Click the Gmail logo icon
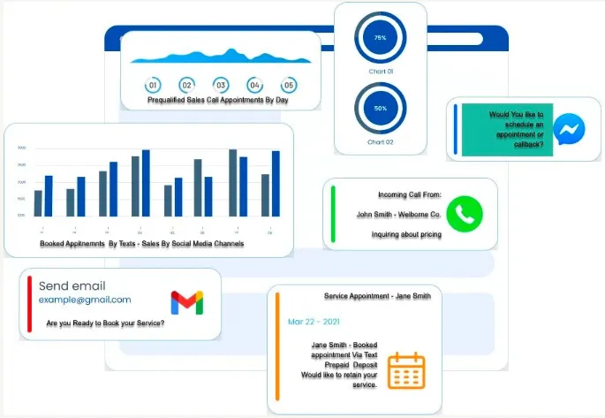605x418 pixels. click(186, 303)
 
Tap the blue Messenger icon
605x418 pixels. click(569, 130)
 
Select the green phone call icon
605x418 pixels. click(465, 214)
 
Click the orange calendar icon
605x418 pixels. click(406, 370)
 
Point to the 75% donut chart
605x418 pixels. click(380, 38)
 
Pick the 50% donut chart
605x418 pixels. click(380, 108)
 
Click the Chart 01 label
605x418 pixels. click(380, 71)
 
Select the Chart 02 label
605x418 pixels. click(380, 141)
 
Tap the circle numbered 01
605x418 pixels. click(153, 86)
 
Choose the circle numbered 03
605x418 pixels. click(221, 86)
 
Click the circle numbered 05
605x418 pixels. click(288, 86)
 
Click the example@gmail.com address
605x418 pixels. click(85, 300)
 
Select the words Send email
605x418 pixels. click(72, 285)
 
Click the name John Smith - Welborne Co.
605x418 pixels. click(397, 214)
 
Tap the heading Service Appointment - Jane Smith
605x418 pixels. click(377, 296)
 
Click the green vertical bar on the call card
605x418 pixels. click(332, 214)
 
